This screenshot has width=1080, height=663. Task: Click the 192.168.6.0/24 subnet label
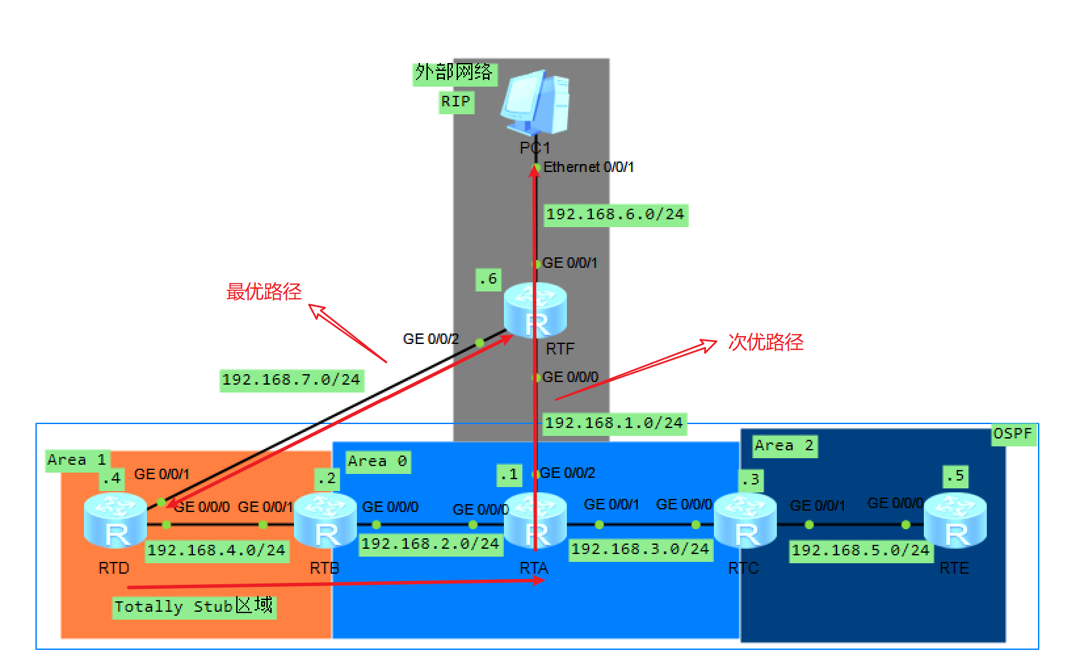pos(615,215)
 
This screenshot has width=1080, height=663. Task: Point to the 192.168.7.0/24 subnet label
pos(291,379)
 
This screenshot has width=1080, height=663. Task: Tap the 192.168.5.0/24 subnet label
pos(860,550)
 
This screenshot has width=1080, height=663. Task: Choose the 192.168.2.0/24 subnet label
pos(430,544)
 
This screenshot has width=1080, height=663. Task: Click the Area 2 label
pos(784,446)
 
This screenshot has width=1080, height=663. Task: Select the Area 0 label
pos(377,461)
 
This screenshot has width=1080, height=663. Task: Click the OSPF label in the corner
pos(1012,434)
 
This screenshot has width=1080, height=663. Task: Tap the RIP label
pos(456,102)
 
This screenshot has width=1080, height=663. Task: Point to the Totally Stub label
pos(194,606)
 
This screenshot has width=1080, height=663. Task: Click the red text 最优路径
pos(264,291)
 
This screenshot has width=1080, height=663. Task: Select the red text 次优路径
pos(766,342)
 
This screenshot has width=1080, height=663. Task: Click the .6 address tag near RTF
pos(488,279)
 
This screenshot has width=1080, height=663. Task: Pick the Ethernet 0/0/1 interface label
pos(589,167)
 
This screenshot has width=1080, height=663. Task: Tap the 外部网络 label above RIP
pos(454,72)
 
